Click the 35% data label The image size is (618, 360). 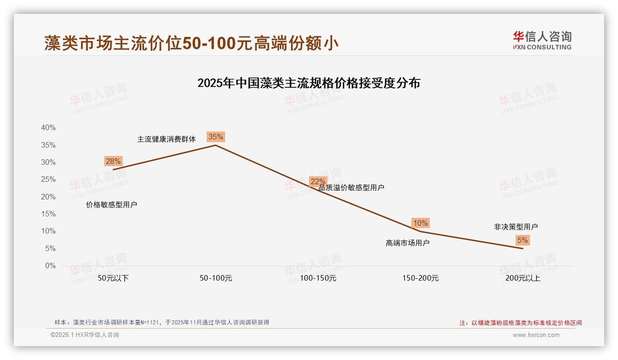click(x=215, y=137)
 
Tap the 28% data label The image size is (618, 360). click(x=113, y=161)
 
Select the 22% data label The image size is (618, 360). click(x=318, y=182)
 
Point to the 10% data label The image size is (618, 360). click(x=420, y=223)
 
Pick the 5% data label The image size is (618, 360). click(x=523, y=240)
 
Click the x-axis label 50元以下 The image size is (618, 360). click(x=113, y=278)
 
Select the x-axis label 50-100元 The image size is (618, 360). click(x=215, y=278)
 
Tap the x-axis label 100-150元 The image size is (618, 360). click(x=318, y=278)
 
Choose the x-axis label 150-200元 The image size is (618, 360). click(x=420, y=278)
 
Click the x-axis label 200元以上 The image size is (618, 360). click(x=523, y=278)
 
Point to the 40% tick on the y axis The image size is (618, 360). click(x=48, y=128)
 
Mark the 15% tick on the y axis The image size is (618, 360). click(x=48, y=214)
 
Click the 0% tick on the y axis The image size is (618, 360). click(x=50, y=266)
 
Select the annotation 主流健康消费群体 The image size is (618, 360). click(x=166, y=139)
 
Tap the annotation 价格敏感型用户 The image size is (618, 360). click(x=112, y=204)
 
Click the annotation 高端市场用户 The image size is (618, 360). click(x=407, y=243)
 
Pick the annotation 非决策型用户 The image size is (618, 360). click(x=516, y=227)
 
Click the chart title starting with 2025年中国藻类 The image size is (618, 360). click(x=309, y=83)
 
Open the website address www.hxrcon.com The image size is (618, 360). click(x=536, y=335)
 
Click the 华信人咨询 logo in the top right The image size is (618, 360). click(x=542, y=40)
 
